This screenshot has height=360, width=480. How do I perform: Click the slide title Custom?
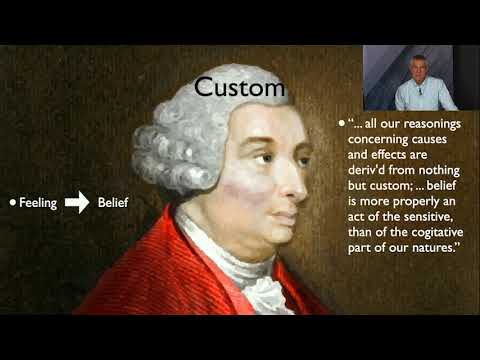pos(239,87)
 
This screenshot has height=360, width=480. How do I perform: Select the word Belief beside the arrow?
pos(113,202)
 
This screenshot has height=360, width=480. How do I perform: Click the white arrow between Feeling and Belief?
pos(77,202)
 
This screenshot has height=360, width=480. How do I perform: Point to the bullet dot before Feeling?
pos(13,202)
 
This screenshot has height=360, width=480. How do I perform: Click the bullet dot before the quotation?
pos(341,125)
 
